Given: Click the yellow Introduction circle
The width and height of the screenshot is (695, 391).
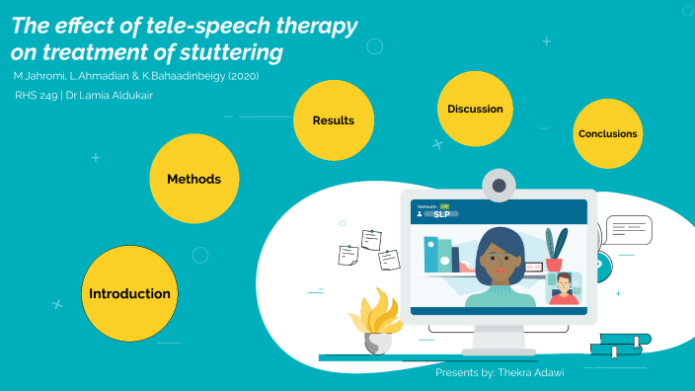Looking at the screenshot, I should [129, 293].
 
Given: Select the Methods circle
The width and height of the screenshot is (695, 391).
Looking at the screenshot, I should [193, 179].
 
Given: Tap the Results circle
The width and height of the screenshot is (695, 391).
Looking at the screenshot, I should [333, 120].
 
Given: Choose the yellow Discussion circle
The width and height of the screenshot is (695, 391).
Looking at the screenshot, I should [475, 109].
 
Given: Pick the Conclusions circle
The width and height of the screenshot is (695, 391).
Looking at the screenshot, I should [608, 134].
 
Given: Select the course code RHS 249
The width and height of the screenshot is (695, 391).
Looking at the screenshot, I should [36, 96].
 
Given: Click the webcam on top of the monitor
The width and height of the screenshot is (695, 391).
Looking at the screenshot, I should [500, 184].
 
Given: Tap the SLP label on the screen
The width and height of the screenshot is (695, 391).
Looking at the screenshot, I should [441, 214].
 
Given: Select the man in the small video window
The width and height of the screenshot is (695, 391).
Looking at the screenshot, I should [562, 289].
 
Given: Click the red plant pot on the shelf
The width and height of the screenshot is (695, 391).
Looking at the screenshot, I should [554, 264].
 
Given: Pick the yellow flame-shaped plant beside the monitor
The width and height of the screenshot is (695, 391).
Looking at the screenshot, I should [375, 315].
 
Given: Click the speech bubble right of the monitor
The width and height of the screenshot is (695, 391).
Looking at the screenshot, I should [628, 230].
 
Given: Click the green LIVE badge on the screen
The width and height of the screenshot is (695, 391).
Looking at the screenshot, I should [444, 205].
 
